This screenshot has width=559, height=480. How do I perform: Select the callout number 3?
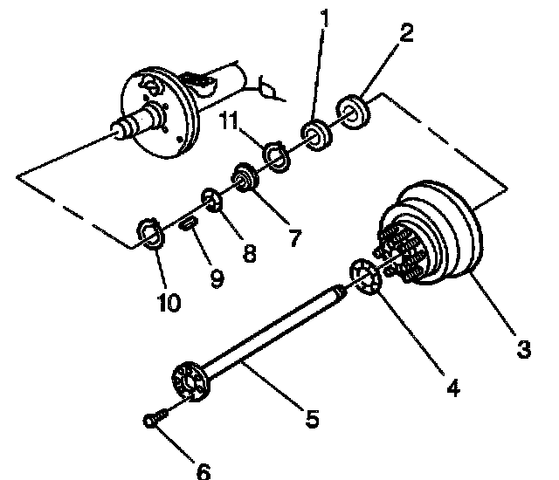point(523,350)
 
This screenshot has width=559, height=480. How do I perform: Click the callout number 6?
point(203,471)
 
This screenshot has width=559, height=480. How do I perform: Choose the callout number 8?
point(251,253)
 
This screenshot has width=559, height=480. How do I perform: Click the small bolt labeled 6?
point(154,421)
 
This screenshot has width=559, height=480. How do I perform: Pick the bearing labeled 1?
point(315,135)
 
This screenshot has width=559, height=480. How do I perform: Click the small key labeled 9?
point(188,225)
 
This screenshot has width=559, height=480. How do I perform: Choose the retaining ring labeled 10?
point(151,234)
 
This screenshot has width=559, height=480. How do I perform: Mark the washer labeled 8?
point(212,200)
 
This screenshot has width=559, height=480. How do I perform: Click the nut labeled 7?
point(242,179)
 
